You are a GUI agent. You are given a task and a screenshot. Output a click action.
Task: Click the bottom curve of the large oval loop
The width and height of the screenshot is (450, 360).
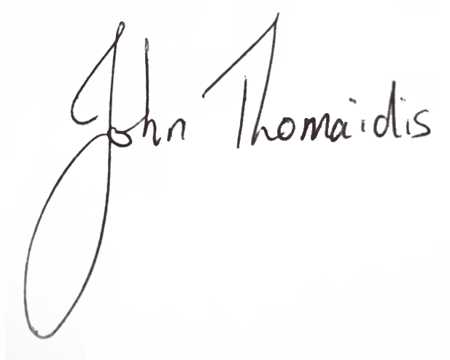click(40, 332)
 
